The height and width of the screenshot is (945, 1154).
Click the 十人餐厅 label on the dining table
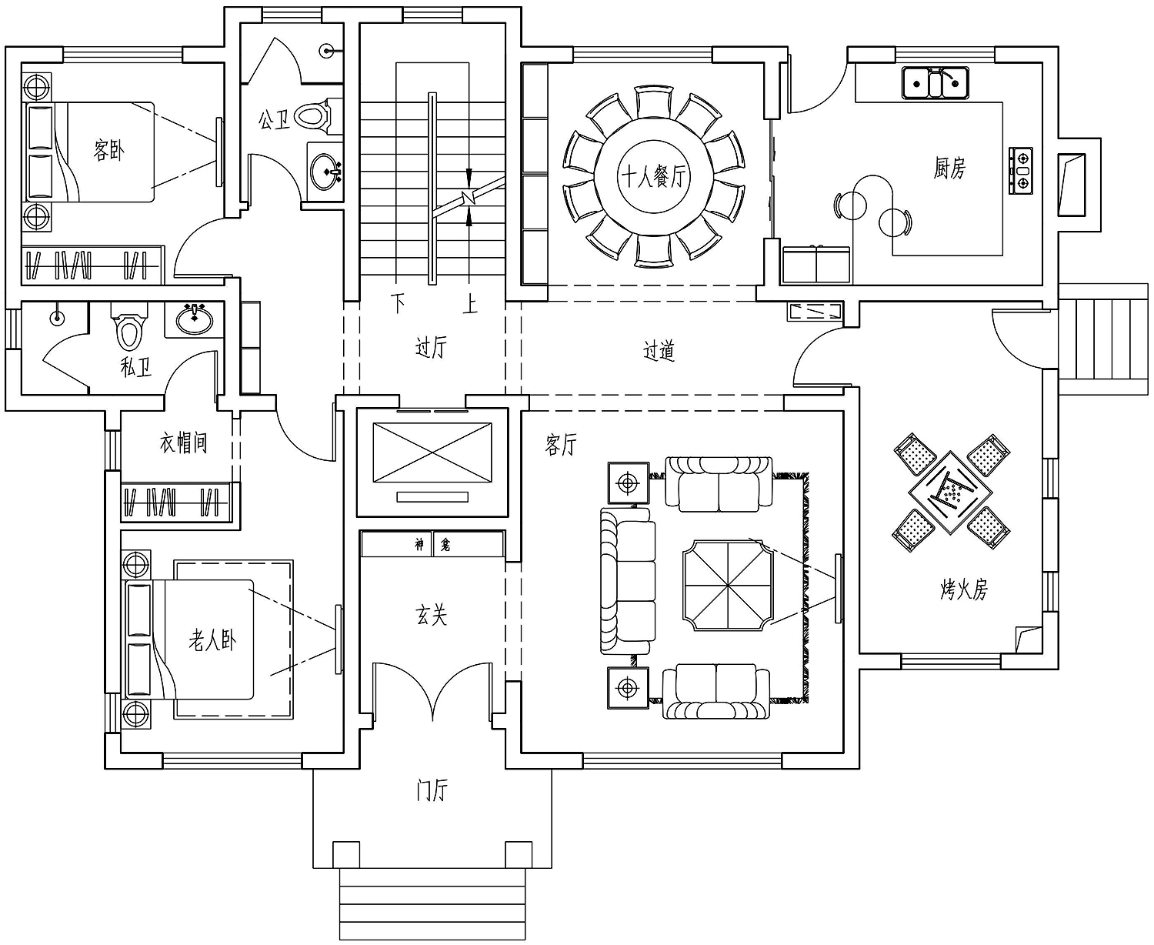click(653, 176)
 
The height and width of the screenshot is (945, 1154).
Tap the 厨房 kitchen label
click(949, 168)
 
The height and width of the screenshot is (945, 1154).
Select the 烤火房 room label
click(964, 589)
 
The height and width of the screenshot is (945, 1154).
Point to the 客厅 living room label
click(561, 445)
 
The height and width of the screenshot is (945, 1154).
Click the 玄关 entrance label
click(431, 615)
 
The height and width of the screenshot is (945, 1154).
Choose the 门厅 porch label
click(432, 790)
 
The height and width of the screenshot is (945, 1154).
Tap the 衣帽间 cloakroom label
click(184, 442)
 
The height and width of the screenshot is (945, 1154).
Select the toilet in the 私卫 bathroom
click(129, 326)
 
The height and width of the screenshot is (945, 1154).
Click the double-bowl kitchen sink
click(936, 82)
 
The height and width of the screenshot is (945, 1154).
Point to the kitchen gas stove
click(1021, 171)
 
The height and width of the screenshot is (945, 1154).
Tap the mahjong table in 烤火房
click(950, 493)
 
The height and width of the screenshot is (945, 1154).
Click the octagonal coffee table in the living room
click(729, 586)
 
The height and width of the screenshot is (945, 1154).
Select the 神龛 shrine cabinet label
click(432, 544)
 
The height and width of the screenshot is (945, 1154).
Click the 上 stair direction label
click(470, 304)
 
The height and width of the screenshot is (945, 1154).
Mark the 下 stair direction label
click(398, 302)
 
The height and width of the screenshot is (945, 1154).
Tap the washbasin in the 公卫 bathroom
click(325, 172)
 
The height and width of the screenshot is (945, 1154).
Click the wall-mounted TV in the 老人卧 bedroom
click(339, 639)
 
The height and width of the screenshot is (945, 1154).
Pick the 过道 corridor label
click(659, 350)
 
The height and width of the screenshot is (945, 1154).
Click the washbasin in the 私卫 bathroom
click(195, 319)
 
